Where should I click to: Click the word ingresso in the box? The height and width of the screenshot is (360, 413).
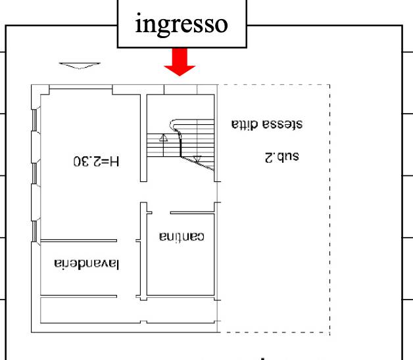click(182, 24)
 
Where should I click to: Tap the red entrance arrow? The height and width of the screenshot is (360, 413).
click(180, 62)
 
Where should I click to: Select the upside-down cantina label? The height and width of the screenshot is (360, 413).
click(182, 236)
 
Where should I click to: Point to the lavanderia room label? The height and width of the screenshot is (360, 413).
click(87, 264)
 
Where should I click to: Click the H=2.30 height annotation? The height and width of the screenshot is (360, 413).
click(97, 161)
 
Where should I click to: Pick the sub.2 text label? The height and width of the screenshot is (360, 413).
click(282, 157)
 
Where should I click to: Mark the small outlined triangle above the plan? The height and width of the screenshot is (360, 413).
click(80, 66)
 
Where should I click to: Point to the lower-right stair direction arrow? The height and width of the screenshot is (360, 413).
click(197, 159)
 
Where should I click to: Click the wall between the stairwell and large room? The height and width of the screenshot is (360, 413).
click(143, 138)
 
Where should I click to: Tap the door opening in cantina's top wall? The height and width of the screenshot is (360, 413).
click(161, 213)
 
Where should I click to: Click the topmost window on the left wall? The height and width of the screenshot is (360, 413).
click(34, 120)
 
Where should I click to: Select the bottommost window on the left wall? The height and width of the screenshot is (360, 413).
click(34, 231)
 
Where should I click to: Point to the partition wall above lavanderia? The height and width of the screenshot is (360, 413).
click(79, 240)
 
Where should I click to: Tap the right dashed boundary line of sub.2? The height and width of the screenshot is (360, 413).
click(329, 209)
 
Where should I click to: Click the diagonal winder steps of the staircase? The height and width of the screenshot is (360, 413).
click(197, 164)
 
